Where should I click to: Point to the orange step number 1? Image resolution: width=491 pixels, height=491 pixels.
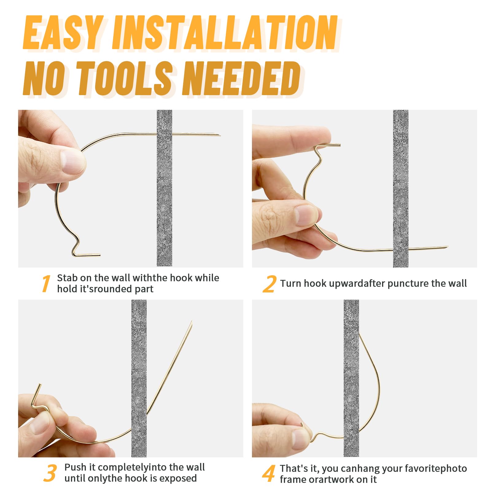(46, 284)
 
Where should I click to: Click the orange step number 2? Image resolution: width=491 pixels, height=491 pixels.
(269, 284)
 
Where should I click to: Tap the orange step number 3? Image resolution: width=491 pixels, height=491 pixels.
(50, 473)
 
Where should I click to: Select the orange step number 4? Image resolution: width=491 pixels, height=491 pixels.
(269, 474)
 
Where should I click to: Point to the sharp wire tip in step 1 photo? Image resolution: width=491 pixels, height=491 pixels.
(220, 135)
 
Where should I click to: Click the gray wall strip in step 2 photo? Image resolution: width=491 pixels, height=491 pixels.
(400, 188)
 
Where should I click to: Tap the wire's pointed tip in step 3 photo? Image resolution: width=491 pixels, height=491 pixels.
(191, 322)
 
